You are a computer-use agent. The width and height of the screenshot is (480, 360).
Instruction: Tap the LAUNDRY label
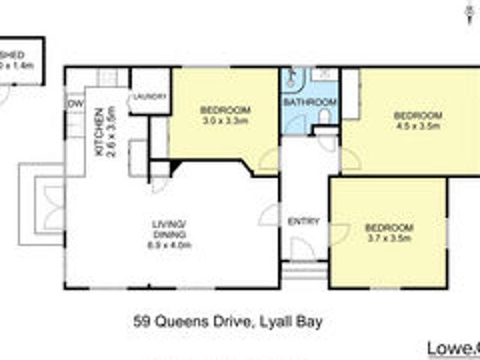coord(148,96)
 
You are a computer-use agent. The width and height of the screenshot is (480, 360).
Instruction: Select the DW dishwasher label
coord(74,103)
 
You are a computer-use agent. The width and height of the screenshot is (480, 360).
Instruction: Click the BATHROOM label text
coord(310,102)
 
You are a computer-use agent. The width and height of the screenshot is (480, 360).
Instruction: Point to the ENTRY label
coord(304,222)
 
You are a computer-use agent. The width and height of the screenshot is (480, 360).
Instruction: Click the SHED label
coord(16,55)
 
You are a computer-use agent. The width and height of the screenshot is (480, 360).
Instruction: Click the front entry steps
coord(304,269)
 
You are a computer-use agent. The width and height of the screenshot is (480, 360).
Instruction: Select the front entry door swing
coord(300,249)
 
